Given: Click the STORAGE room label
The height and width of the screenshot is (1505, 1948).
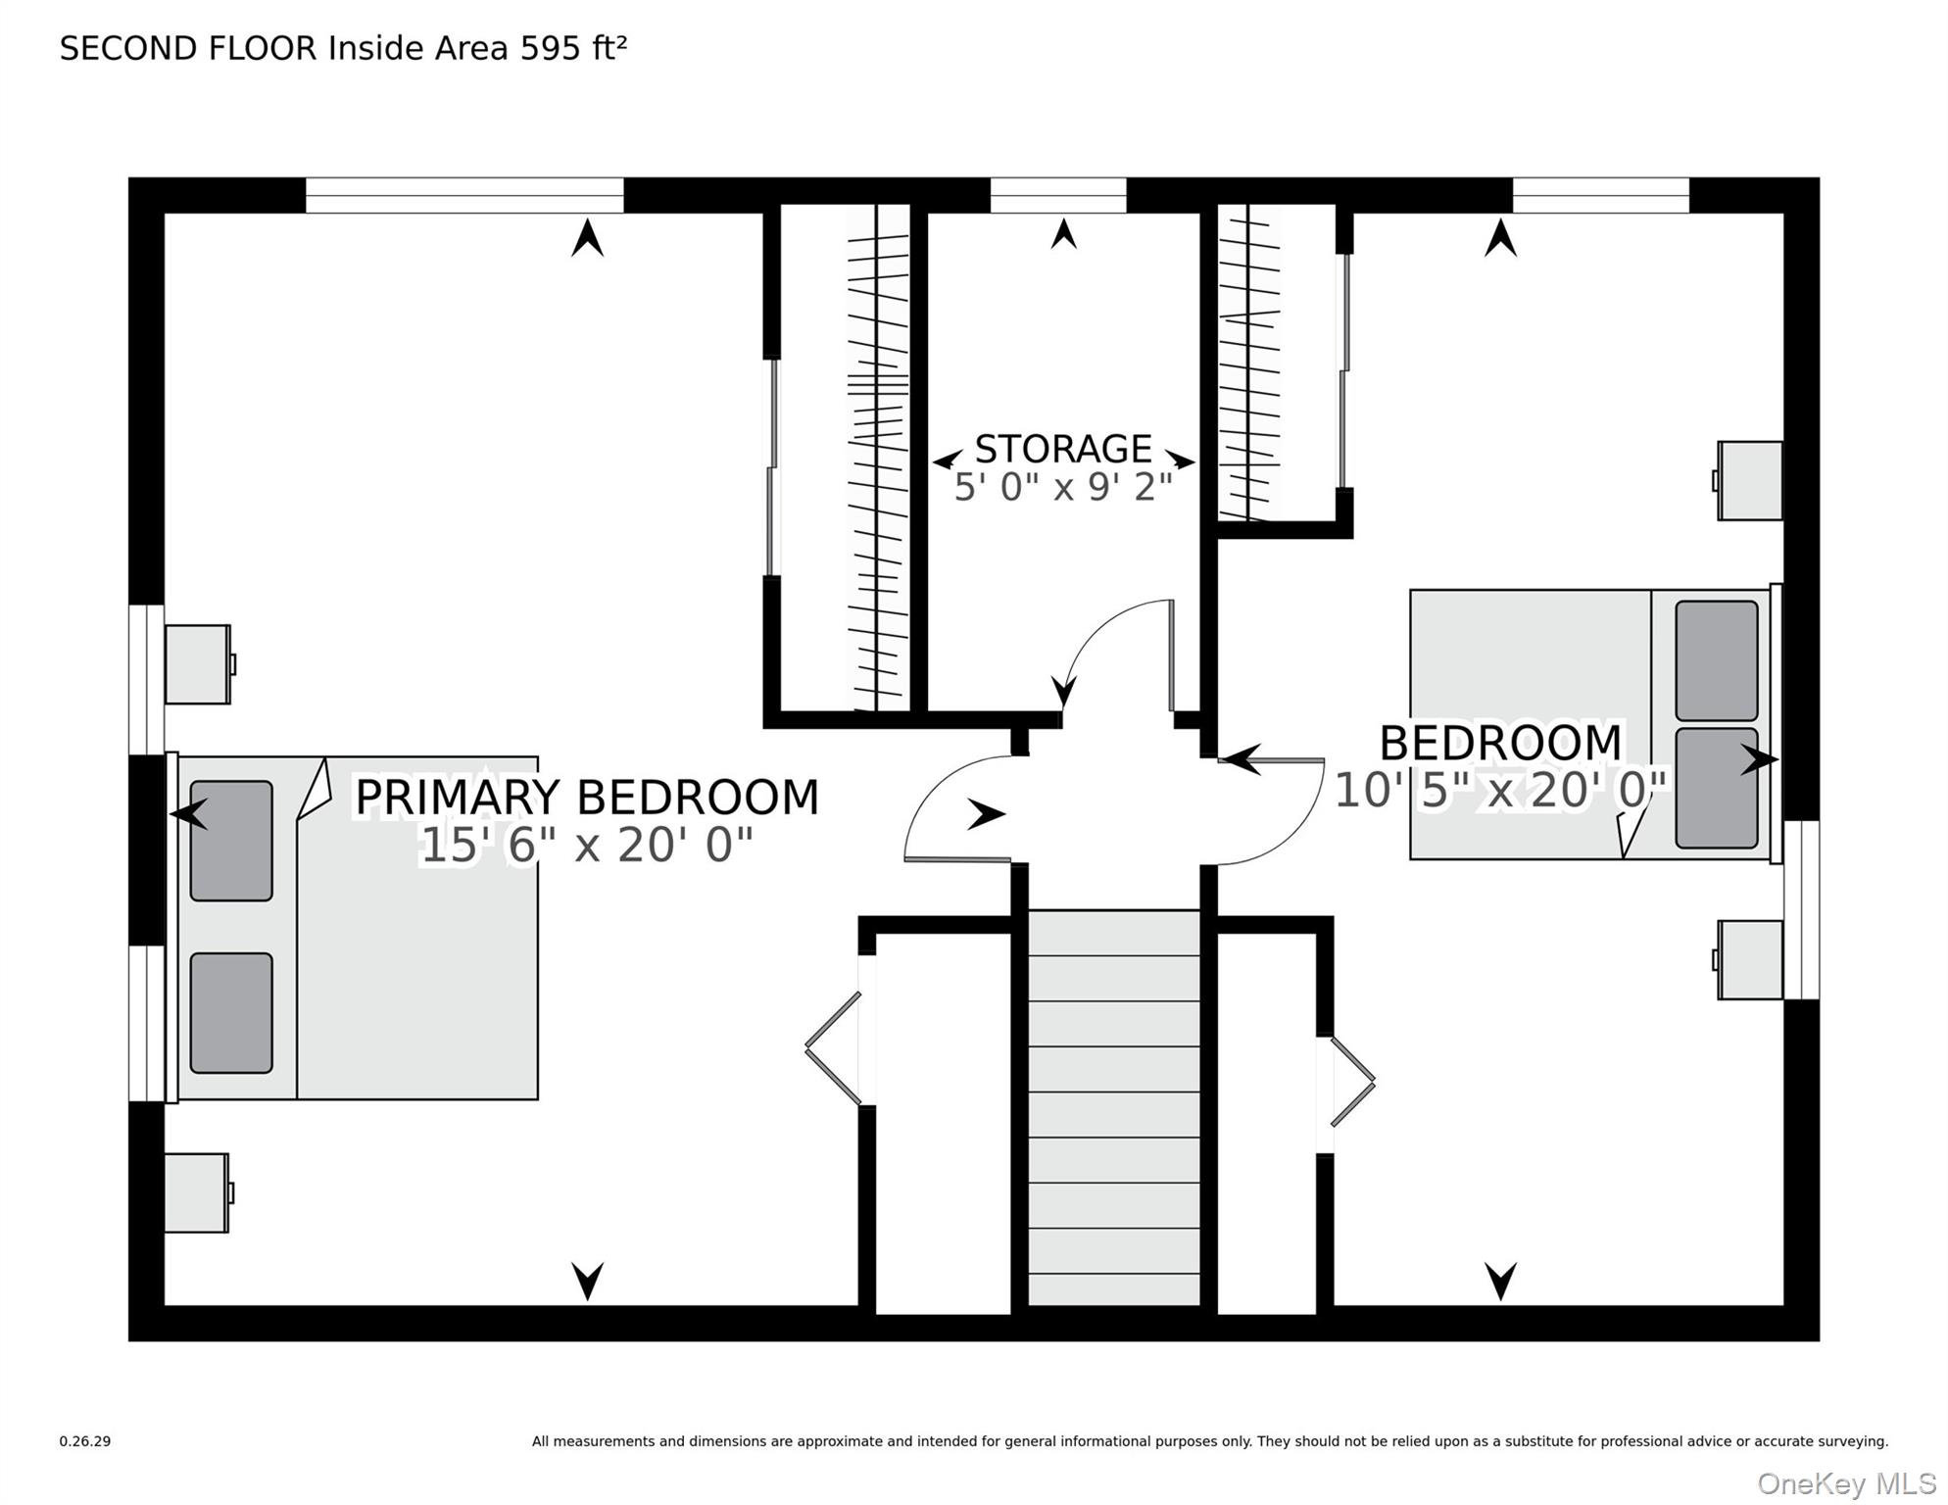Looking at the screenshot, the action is point(1063,449).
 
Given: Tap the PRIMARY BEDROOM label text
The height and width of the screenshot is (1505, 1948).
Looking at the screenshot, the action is point(586,797).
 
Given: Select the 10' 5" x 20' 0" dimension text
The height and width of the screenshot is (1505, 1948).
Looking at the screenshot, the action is point(1500,790).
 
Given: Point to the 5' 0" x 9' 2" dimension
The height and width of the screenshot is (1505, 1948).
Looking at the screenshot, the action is point(1063,486).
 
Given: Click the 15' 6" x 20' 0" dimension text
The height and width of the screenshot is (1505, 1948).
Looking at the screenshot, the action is point(586,845).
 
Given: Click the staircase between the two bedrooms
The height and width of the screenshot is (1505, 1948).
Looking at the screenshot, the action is point(1114,1107).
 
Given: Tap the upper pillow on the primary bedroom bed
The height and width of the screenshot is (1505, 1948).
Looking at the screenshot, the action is point(231,841).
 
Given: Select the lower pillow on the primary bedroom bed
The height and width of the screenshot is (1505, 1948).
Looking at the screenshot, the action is point(231,1013).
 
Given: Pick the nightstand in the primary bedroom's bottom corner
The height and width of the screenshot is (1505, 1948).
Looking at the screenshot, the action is point(198,1192).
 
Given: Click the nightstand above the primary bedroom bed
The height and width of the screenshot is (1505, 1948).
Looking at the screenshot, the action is point(199,664).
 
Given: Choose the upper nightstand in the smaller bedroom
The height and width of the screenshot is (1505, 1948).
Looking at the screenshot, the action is point(1748,480).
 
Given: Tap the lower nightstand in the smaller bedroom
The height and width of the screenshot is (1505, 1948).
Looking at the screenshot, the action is point(1748,960).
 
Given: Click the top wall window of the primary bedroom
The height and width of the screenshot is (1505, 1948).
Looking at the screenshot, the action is point(464,195).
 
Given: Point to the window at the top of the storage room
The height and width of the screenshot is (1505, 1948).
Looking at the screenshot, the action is point(1058,195).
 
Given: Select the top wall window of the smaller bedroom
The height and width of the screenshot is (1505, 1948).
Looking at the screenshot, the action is point(1601,195).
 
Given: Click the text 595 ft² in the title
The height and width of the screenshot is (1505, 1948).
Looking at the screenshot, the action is point(573,48).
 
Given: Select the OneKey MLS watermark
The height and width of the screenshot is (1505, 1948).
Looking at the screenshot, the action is point(1847,1483).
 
